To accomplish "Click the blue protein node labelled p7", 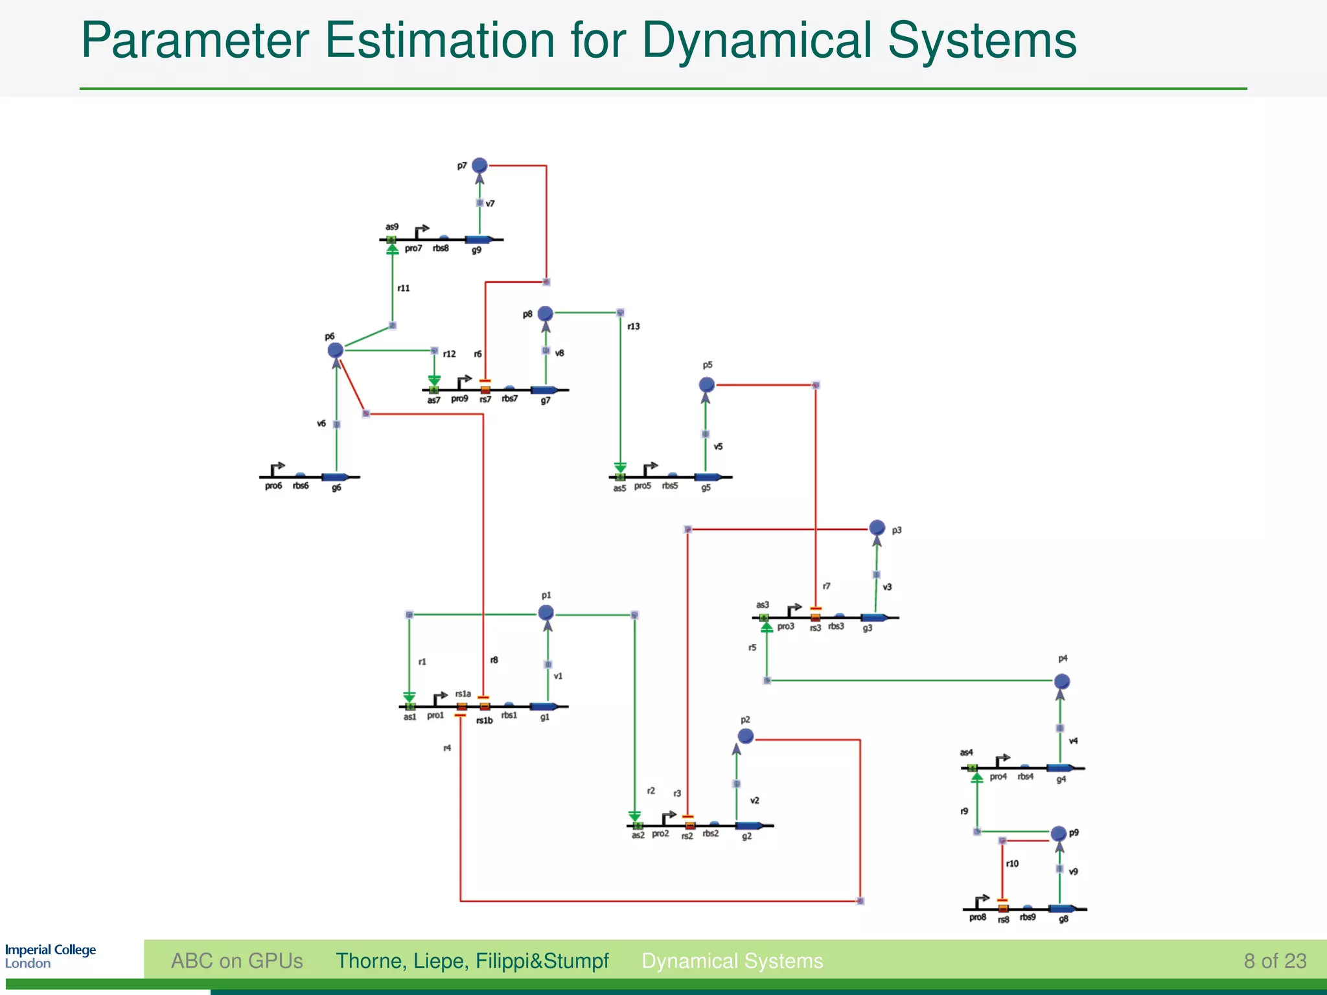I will (479, 165).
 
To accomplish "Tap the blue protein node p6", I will (335, 350).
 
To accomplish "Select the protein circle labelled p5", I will (707, 385).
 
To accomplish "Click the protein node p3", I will (877, 527).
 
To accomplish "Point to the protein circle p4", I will (1062, 681).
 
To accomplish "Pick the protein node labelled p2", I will (746, 736).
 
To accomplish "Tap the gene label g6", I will (336, 488).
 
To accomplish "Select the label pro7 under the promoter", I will (413, 249).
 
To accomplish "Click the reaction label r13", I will (634, 326).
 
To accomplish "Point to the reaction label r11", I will (404, 288).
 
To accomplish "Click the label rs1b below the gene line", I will (485, 720).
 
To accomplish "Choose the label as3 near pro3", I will (763, 604).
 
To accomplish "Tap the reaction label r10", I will (1012, 863).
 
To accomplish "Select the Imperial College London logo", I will (50, 956).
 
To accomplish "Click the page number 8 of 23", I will (1275, 961).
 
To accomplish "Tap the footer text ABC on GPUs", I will (237, 961).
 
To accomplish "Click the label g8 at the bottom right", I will (1063, 919).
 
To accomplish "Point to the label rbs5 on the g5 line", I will (670, 486).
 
